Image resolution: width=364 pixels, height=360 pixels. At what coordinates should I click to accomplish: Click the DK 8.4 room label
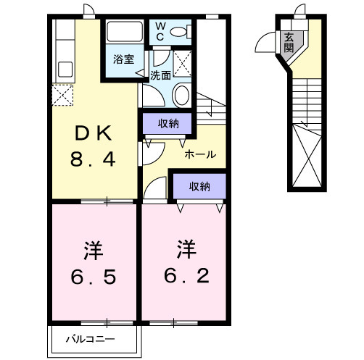91,145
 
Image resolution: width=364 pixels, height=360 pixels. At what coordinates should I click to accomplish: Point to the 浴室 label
123,59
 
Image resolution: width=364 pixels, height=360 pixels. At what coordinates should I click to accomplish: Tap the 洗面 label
160,75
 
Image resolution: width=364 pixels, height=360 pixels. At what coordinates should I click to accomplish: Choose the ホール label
199,154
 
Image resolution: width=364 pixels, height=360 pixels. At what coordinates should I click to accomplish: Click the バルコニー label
88,338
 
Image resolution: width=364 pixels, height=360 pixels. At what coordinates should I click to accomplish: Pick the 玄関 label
289,44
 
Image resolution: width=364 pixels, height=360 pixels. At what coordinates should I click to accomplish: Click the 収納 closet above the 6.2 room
199,186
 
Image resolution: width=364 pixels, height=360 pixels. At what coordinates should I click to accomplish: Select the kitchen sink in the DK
63,70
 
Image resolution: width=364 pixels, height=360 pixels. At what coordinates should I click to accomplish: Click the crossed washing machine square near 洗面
183,62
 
